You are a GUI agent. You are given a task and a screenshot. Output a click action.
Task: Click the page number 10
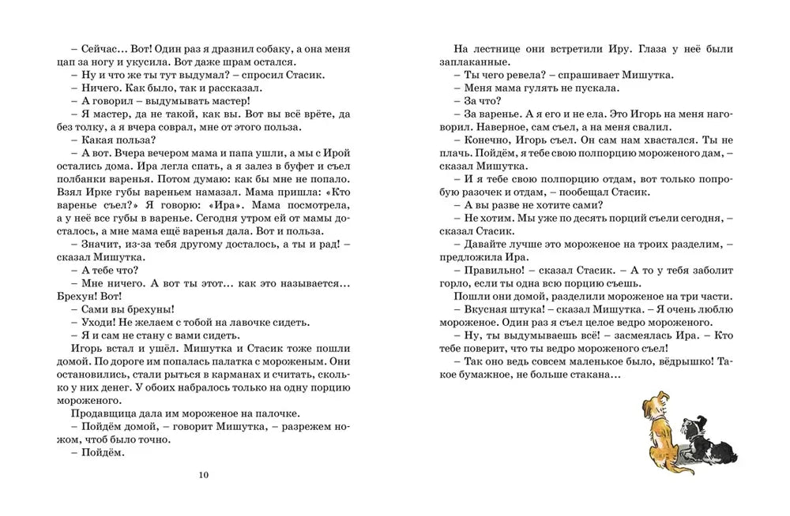click(204, 475)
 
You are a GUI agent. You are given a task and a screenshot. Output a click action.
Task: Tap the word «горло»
click(453, 284)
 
